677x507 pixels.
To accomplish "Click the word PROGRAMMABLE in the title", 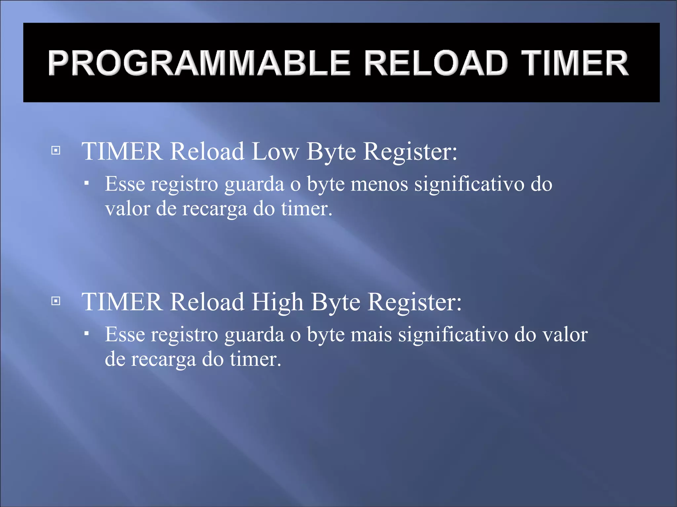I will (x=199, y=63).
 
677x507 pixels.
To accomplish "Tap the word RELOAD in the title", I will (x=436, y=63).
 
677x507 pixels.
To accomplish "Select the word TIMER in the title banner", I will (x=575, y=63).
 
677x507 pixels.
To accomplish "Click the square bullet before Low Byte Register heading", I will (x=56, y=151).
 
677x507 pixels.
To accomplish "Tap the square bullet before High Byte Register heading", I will (x=56, y=301).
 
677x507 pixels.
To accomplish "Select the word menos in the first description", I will (x=379, y=184).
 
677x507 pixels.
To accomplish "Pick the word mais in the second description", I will (x=371, y=334).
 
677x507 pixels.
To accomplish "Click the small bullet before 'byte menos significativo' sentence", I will (x=87, y=183).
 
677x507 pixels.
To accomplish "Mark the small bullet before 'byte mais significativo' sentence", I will (x=87, y=334).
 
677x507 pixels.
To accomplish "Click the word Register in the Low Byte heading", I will (x=410, y=152).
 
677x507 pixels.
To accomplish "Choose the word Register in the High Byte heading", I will (x=414, y=302).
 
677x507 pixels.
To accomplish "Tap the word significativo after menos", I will (x=469, y=184).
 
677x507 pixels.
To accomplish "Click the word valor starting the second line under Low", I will (x=127, y=209).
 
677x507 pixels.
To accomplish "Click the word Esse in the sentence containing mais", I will (x=125, y=334).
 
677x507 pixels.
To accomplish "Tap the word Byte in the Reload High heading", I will (x=336, y=302).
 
